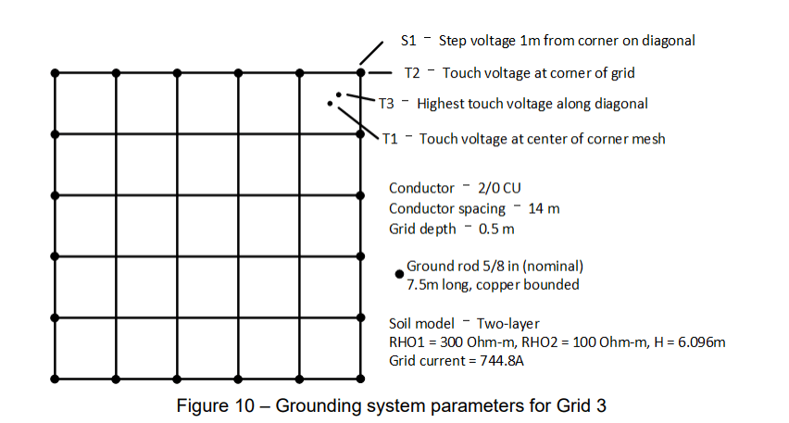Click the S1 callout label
(x=408, y=41)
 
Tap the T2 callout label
(x=413, y=72)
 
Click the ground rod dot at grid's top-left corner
(x=55, y=72)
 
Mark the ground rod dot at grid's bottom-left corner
(x=55, y=378)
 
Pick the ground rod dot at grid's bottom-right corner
(x=361, y=378)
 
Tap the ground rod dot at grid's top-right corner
(x=361, y=72)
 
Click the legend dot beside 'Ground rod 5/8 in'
(x=399, y=273)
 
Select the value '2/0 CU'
(x=500, y=188)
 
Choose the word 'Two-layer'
(x=507, y=323)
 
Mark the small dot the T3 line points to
(x=339, y=94)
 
